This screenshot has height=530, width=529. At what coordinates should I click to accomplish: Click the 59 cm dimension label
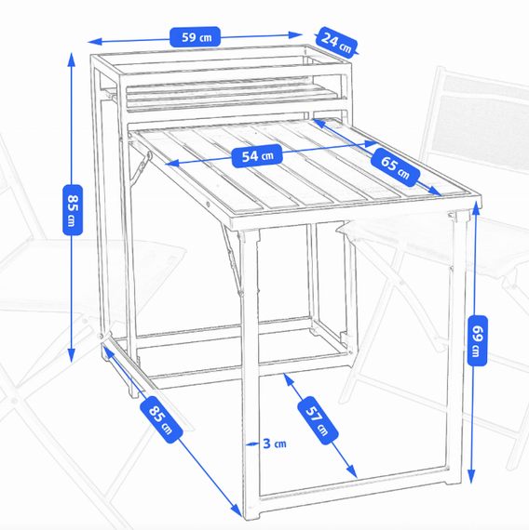[x=195, y=37]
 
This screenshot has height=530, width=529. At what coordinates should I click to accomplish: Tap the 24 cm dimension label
[x=336, y=43]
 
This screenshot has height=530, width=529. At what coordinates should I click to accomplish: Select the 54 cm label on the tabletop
[x=257, y=156]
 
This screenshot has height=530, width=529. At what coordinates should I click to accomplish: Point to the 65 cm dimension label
[x=395, y=167]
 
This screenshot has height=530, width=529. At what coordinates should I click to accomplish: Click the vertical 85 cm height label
[x=73, y=209]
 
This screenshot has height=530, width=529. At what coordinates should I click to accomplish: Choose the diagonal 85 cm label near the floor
[x=161, y=419]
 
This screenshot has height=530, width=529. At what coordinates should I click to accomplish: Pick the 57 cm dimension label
[x=318, y=419]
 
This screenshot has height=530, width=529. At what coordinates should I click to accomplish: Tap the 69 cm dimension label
[x=477, y=340]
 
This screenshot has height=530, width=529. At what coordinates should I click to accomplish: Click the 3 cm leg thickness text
[x=275, y=444]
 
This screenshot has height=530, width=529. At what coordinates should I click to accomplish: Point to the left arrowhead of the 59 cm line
[x=94, y=42]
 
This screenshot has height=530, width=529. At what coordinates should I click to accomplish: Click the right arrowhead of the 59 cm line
[x=295, y=34]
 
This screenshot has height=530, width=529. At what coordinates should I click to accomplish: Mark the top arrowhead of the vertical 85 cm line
[x=71, y=60]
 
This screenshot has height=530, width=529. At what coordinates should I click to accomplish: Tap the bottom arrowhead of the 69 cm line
[x=471, y=476]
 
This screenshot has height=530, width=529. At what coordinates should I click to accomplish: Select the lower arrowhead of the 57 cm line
[x=352, y=471]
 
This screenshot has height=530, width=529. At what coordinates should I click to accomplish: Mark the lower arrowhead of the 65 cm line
[x=435, y=192]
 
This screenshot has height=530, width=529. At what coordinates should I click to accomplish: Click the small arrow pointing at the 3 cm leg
[x=252, y=444]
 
